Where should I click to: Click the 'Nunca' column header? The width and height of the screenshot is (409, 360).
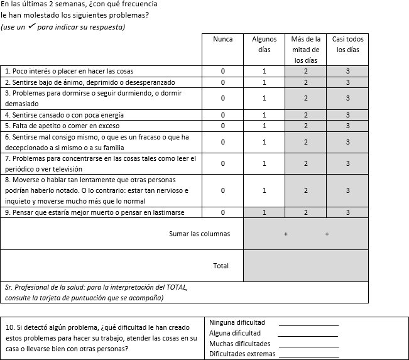[x=222, y=39]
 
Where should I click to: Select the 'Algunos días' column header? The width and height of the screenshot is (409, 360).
[x=264, y=44]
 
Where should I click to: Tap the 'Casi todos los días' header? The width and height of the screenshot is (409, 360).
[x=347, y=44]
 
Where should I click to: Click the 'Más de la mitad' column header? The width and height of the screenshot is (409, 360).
[x=306, y=50]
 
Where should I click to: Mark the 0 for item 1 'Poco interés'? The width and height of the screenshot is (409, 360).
[x=222, y=71]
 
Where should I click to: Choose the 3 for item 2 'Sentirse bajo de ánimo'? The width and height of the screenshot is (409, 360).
[x=347, y=82]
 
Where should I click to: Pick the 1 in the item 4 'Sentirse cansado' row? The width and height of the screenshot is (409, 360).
[x=264, y=115]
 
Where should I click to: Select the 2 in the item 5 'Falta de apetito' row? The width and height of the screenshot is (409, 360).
[x=306, y=126]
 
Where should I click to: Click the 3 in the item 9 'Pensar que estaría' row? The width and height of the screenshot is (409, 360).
[x=347, y=212]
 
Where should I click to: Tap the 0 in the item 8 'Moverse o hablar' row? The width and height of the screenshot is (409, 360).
[x=222, y=190]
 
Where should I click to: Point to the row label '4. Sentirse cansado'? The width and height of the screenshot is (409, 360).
[x=56, y=115]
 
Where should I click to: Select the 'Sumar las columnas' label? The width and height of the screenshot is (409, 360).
[x=199, y=234]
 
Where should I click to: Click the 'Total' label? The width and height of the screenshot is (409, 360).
[x=221, y=266]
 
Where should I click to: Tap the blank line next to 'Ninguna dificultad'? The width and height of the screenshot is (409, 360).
[x=308, y=324]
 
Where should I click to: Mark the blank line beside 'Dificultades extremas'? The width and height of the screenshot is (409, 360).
[x=308, y=356]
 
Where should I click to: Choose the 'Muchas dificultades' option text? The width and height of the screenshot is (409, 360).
[x=240, y=344]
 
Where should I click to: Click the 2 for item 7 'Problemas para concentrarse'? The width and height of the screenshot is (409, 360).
[x=306, y=163]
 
